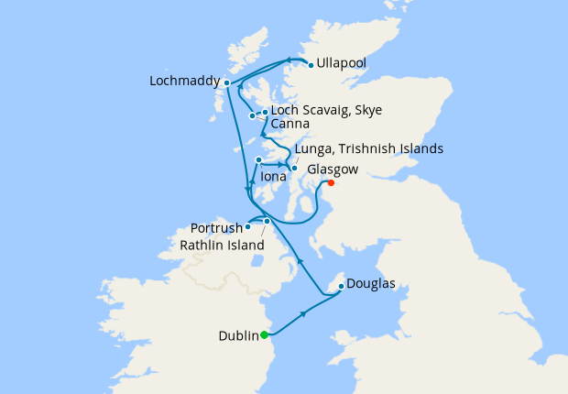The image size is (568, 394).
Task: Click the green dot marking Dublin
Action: (x=264, y=334)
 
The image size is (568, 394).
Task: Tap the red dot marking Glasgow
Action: (x=331, y=182)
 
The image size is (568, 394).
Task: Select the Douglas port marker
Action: (x=341, y=286)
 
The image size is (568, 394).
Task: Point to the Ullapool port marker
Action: (x=311, y=64)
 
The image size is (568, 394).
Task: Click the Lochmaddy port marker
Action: (x=226, y=83)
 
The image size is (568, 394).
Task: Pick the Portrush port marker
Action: (x=248, y=226)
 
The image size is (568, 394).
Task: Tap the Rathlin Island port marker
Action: (x=267, y=221)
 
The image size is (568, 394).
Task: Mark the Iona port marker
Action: (x=258, y=160)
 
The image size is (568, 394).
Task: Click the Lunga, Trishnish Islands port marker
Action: (x=293, y=168)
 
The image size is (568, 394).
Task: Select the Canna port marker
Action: (x=252, y=116)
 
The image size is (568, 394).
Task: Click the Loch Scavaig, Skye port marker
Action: (x=265, y=113)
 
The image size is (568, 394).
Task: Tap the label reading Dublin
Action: (x=238, y=335)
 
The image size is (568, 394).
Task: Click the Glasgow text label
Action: (x=333, y=170)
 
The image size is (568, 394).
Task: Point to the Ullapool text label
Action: (x=342, y=63)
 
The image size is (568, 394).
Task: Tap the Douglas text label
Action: (x=372, y=284)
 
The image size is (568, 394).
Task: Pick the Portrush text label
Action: (x=217, y=227)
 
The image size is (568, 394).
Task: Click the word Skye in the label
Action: (x=366, y=110)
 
